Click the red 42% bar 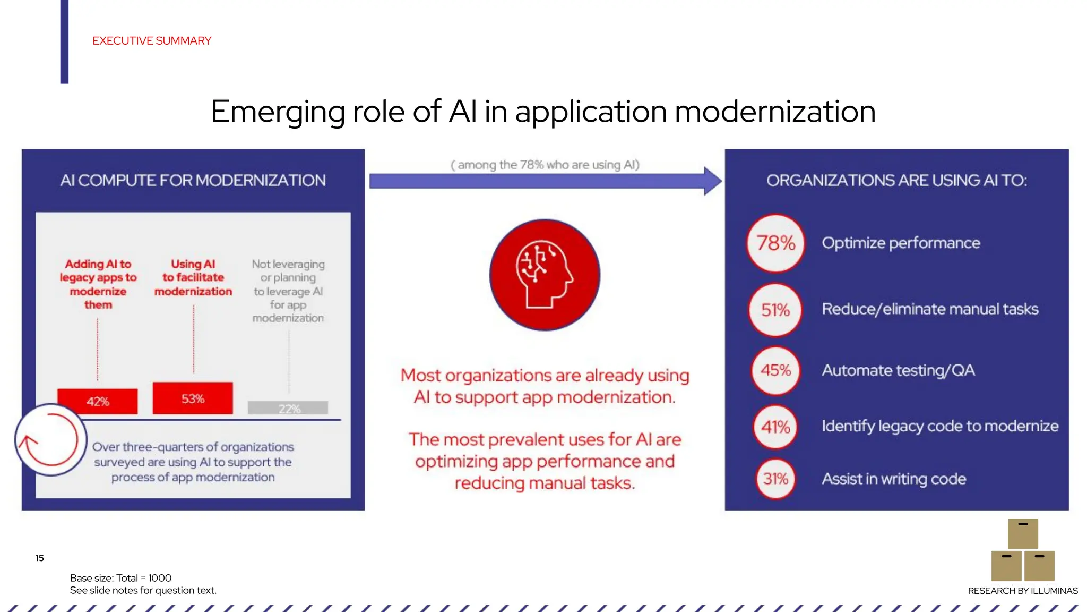[98, 401]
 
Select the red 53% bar [193, 398]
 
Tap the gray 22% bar [288, 407]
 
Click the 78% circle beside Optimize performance [775, 243]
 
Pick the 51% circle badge [775, 310]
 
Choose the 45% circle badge [775, 370]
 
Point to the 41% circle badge [775, 427]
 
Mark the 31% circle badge [775, 479]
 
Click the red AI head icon [545, 275]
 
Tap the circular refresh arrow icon [50, 440]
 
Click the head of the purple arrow [712, 181]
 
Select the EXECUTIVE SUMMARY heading [152, 41]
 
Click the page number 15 [40, 558]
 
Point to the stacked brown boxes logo [1023, 550]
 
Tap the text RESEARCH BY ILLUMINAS [1023, 591]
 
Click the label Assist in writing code [894, 479]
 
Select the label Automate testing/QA [898, 370]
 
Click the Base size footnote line [121, 578]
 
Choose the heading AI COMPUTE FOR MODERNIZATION [193, 181]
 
